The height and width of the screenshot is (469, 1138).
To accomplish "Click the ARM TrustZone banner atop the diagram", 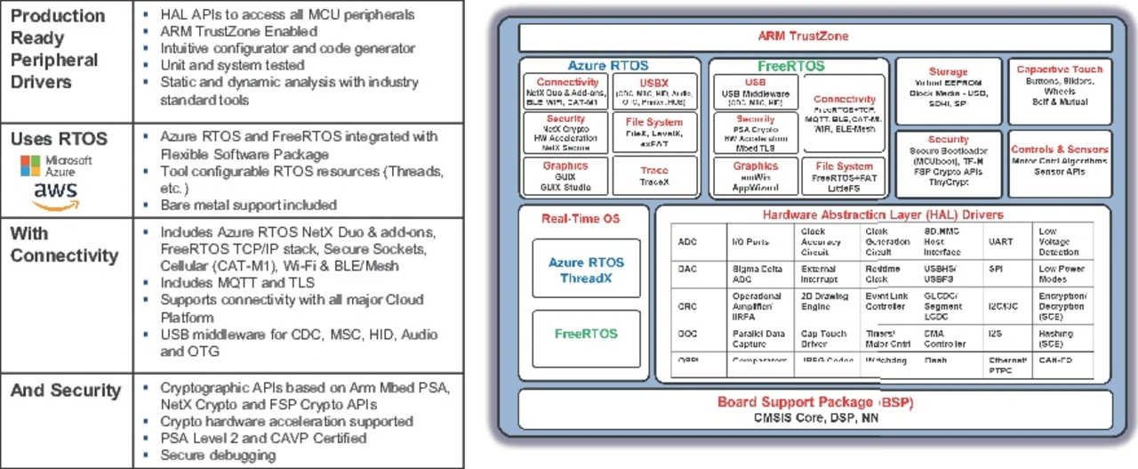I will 814,36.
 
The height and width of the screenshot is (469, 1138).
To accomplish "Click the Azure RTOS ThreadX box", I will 586,269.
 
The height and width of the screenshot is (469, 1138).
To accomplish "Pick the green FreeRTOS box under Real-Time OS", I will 586,335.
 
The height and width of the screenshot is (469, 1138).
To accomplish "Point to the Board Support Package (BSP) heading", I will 815,402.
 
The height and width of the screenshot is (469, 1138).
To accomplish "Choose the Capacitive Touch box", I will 1059,90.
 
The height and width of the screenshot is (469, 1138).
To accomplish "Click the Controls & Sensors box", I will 1059,160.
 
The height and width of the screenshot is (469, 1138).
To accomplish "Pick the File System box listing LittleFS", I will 844,177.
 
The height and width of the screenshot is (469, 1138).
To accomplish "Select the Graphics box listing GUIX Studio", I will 565,177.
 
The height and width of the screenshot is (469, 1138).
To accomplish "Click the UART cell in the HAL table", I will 1000,241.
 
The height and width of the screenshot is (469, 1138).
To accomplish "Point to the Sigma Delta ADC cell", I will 749,273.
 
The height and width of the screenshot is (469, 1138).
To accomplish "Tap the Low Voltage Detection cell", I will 1057,241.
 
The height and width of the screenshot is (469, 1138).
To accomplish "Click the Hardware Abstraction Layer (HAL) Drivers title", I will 882,214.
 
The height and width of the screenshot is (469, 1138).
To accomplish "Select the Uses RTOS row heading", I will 59,140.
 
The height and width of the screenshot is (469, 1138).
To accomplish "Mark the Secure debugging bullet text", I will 218,455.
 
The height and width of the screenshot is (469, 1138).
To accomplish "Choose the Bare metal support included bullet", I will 248,205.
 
